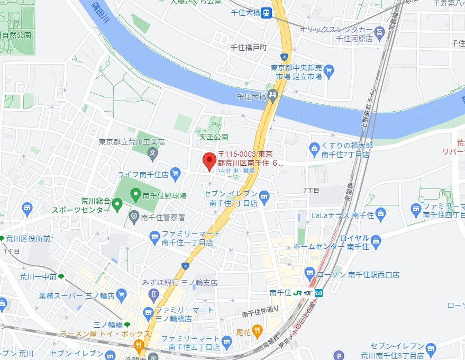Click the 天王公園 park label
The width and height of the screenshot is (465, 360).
tap(213, 137)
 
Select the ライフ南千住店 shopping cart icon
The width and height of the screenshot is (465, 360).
tap(176, 173)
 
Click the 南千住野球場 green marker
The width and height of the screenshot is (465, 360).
tap(135, 195)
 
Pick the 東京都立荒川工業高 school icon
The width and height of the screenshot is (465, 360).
tap(152, 154)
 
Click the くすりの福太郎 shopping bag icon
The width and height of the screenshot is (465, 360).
tap(314, 147)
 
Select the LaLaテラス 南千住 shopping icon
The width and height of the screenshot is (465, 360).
tap(381, 214)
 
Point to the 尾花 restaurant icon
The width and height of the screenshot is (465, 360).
tap(257, 331)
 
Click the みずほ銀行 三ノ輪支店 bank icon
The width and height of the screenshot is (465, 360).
tap(153, 293)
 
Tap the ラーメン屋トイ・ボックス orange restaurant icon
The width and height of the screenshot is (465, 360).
tap(139, 346)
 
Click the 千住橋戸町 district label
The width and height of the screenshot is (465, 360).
tap(250, 48)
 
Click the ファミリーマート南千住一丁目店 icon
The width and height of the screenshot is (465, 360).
tap(154, 236)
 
